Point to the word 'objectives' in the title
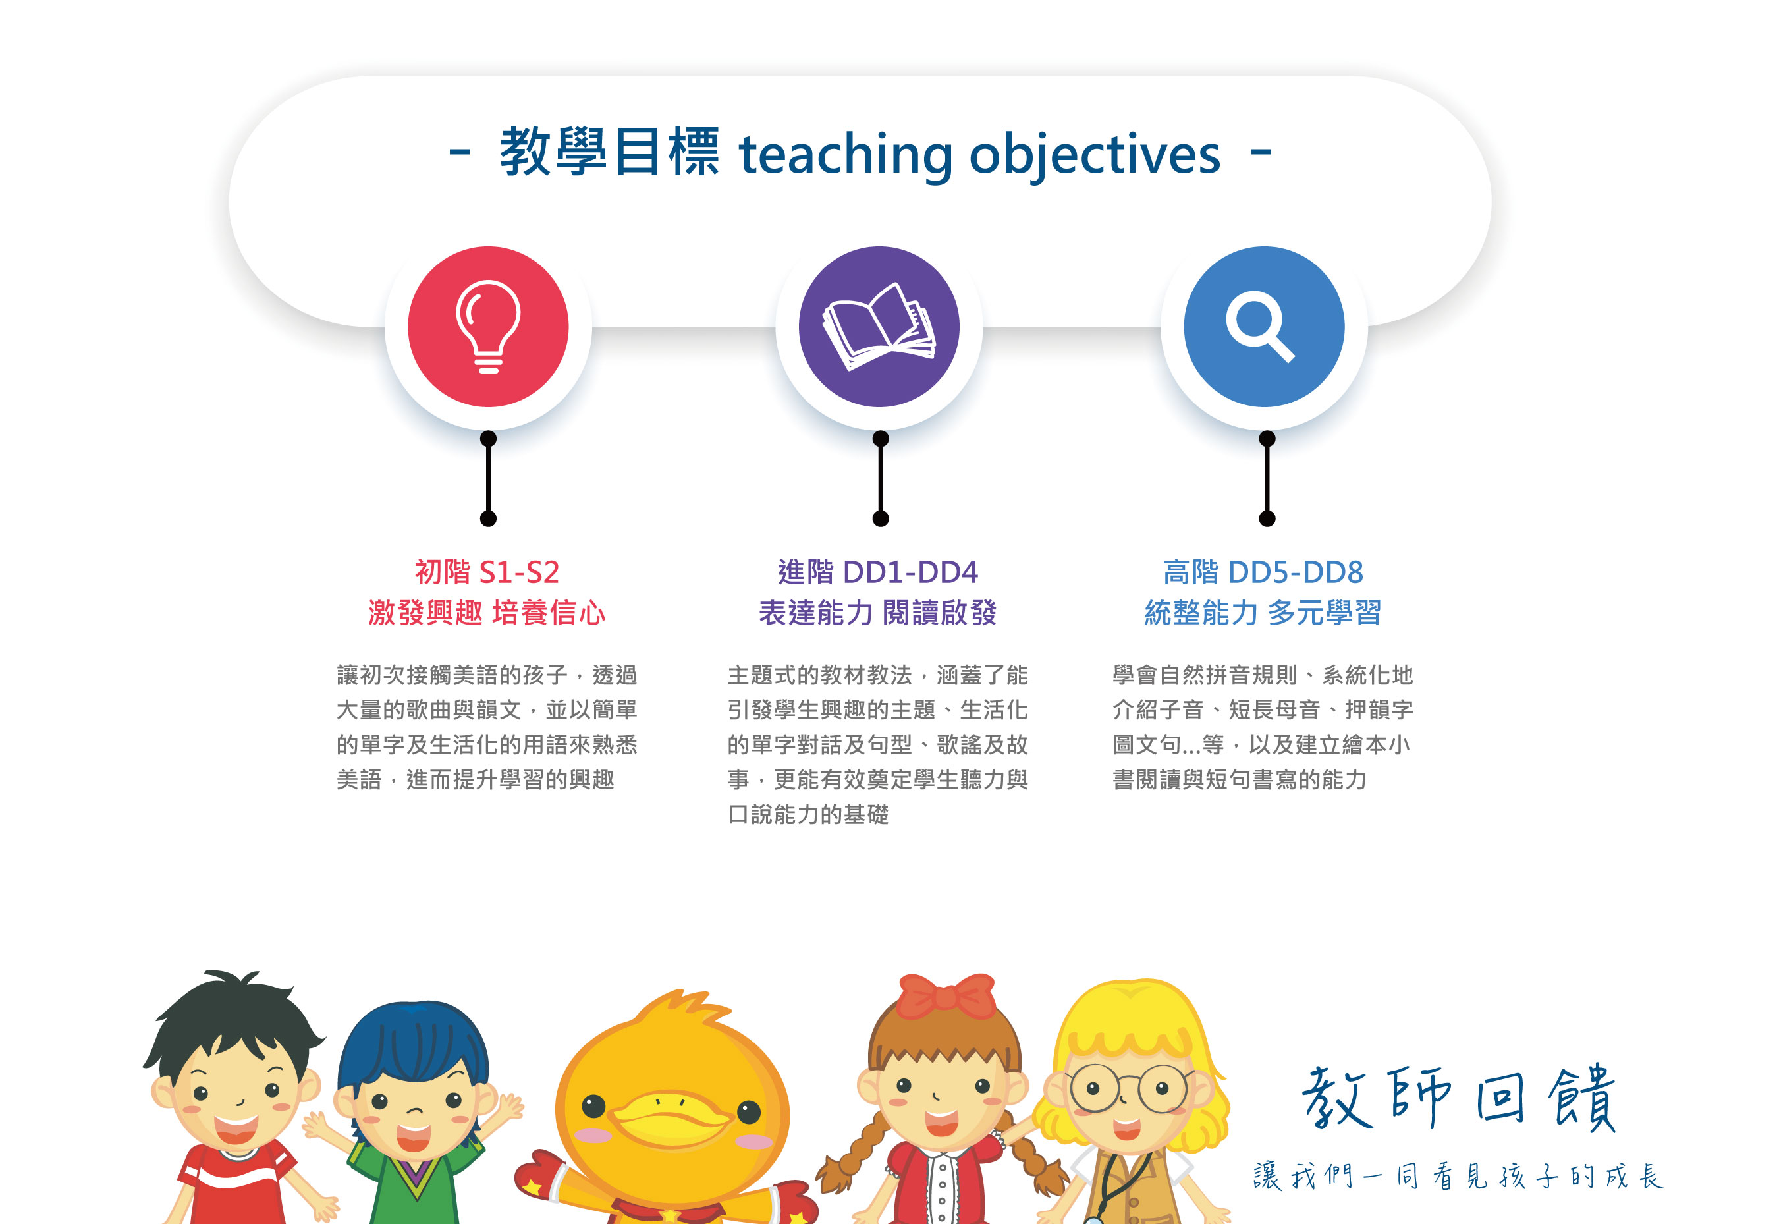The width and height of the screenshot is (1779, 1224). tap(1095, 155)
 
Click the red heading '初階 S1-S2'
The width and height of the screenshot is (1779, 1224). tap(487, 572)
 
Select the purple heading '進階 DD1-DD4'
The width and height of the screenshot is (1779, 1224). tap(879, 572)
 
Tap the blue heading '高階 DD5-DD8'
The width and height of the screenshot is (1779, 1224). tap(1264, 572)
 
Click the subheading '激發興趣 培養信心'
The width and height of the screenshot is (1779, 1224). tap(487, 613)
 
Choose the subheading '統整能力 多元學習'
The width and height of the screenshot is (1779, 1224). tap(1263, 613)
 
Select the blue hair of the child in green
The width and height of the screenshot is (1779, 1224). tap(414, 1043)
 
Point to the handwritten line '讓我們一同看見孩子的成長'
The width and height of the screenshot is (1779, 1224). tap(1457, 1176)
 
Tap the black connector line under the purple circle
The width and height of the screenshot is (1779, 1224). tap(881, 478)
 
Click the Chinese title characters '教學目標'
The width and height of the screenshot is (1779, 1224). tap(610, 152)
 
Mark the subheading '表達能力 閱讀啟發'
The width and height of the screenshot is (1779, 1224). tap(878, 613)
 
